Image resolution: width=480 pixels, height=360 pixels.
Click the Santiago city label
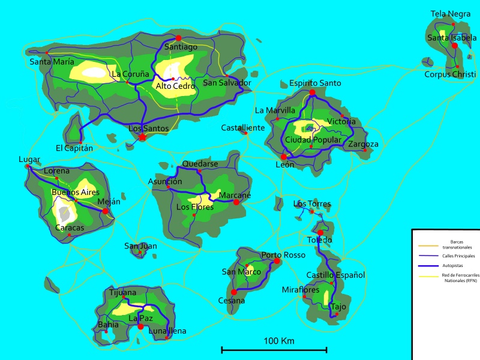click(x=181, y=47)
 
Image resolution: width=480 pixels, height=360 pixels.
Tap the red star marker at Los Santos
click(x=142, y=137)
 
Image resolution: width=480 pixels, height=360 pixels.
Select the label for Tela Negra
click(x=451, y=14)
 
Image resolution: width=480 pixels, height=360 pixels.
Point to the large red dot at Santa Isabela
click(x=455, y=46)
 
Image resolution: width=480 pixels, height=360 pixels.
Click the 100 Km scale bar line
click(x=274, y=349)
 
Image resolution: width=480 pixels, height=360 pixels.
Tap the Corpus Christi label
click(x=450, y=74)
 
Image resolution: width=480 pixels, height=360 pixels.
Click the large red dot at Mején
click(x=106, y=211)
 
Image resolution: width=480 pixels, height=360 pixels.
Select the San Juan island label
click(x=140, y=246)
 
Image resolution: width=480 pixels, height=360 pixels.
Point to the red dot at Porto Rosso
click(x=277, y=261)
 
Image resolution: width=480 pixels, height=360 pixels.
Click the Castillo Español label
click(x=335, y=275)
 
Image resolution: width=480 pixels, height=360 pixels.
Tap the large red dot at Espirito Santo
click(x=312, y=92)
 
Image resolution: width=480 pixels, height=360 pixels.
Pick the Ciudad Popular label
click(x=313, y=140)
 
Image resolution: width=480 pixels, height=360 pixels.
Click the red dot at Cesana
click(x=234, y=292)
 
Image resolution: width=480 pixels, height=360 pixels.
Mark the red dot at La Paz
click(x=140, y=326)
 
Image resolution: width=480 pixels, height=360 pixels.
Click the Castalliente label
click(x=243, y=128)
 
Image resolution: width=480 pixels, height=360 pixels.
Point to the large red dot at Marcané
click(x=236, y=202)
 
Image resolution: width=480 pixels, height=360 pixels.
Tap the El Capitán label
click(x=74, y=148)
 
